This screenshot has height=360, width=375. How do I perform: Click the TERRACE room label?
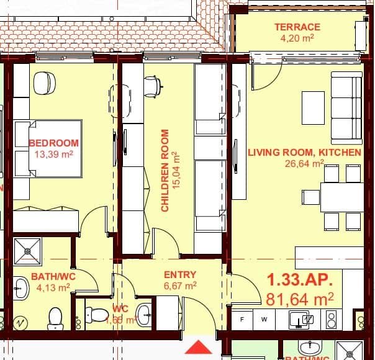pos(297,27)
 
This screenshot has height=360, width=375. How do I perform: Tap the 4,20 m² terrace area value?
pos(297,37)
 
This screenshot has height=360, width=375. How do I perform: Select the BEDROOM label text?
pos(54,143)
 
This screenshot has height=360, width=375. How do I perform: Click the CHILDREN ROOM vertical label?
pos(165,171)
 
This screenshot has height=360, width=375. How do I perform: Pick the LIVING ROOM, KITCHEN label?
pos(304,152)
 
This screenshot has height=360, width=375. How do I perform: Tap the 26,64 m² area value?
pos(304,163)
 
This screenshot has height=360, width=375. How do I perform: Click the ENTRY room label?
pos(180,274)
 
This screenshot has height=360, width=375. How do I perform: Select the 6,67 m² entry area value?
pos(180,286)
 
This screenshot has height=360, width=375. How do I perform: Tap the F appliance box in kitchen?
pos(242,320)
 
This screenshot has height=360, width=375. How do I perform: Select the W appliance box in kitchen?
pos(264,320)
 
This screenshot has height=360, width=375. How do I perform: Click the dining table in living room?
pos(341,197)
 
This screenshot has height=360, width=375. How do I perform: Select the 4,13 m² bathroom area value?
pos(53,287)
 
